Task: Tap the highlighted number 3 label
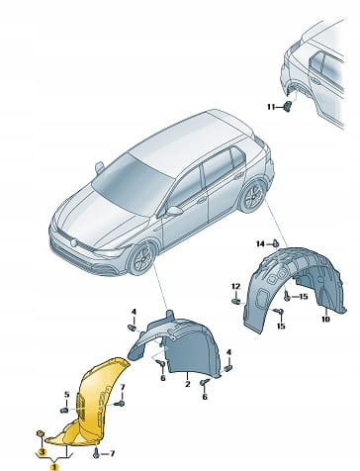tap(44, 451)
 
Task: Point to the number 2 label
tap(188, 384)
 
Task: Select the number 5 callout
tap(67, 394)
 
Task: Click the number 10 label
tap(325, 319)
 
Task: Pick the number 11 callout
tap(271, 107)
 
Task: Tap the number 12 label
tap(235, 286)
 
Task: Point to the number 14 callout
tap(261, 243)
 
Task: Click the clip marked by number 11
tap(288, 107)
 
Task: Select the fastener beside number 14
tap(276, 243)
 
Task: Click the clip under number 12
tap(235, 301)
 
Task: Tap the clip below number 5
tap(64, 411)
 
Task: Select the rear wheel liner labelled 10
tap(294, 290)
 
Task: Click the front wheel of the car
tap(142, 258)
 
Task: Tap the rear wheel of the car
tap(253, 196)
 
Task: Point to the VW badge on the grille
tap(73, 242)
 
